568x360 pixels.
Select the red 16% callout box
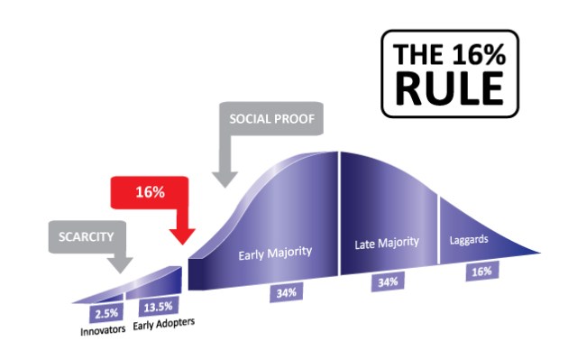(x=149, y=193)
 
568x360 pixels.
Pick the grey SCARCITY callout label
(x=86, y=236)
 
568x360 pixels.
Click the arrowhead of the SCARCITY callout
(x=119, y=266)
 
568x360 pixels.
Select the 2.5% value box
(x=104, y=312)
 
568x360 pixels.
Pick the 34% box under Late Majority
(x=388, y=282)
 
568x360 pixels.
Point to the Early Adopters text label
(x=164, y=323)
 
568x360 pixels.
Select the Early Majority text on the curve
(x=275, y=254)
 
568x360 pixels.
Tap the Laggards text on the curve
(x=469, y=240)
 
